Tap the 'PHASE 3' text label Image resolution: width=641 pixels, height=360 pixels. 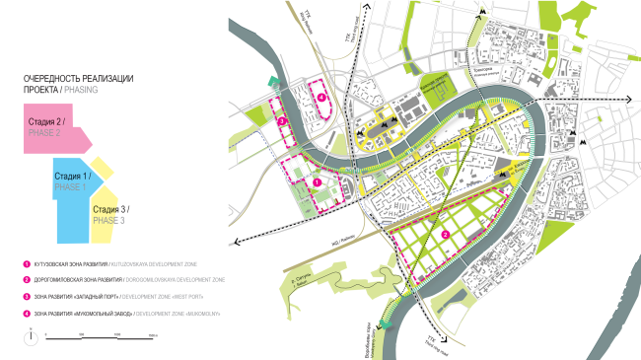click(108, 221)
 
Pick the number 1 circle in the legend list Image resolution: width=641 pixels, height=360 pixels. click(27, 264)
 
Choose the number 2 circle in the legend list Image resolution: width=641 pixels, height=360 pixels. click(27, 280)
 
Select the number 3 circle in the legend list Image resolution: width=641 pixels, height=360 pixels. click(27, 297)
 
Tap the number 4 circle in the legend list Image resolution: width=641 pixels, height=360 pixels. click(27, 314)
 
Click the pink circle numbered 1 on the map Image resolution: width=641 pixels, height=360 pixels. click(317, 182)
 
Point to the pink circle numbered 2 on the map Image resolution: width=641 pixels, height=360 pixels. click(446, 235)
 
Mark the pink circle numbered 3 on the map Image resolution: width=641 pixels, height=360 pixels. click(282, 121)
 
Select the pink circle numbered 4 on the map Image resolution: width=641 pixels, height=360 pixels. click(321, 95)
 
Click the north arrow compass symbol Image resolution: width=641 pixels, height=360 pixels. click(32, 333)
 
